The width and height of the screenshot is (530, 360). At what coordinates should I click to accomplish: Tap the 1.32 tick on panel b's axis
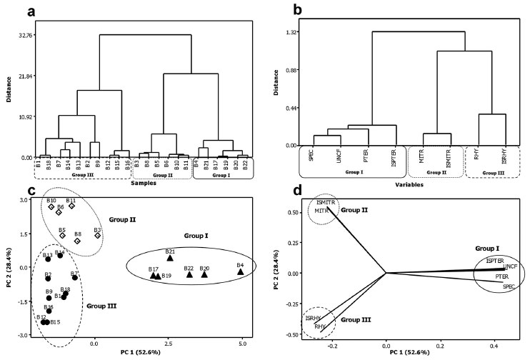(290, 32)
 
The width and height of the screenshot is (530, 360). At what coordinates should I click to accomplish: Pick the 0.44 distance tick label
(290, 108)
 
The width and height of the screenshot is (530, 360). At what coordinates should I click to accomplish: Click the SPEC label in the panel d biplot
(508, 286)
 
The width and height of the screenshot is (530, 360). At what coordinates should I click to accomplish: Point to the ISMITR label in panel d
(326, 203)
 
